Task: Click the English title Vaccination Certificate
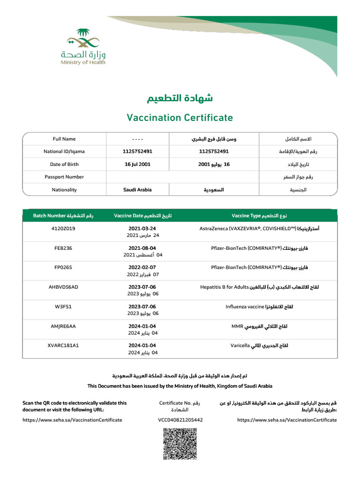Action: point(180,117)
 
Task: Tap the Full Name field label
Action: point(64,139)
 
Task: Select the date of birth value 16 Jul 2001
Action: point(137,165)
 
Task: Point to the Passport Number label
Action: point(64,177)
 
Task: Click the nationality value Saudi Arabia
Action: point(137,190)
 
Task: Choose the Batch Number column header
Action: point(63,216)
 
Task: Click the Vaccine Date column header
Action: point(142,216)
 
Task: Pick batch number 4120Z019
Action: point(63,228)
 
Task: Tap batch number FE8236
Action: point(63,248)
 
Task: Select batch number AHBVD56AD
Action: point(63,287)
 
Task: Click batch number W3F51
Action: point(63,307)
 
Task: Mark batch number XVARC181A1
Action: point(63,345)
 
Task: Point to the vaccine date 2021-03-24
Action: point(142,228)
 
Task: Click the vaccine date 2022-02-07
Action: point(142,268)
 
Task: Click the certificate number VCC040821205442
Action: point(180,420)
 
